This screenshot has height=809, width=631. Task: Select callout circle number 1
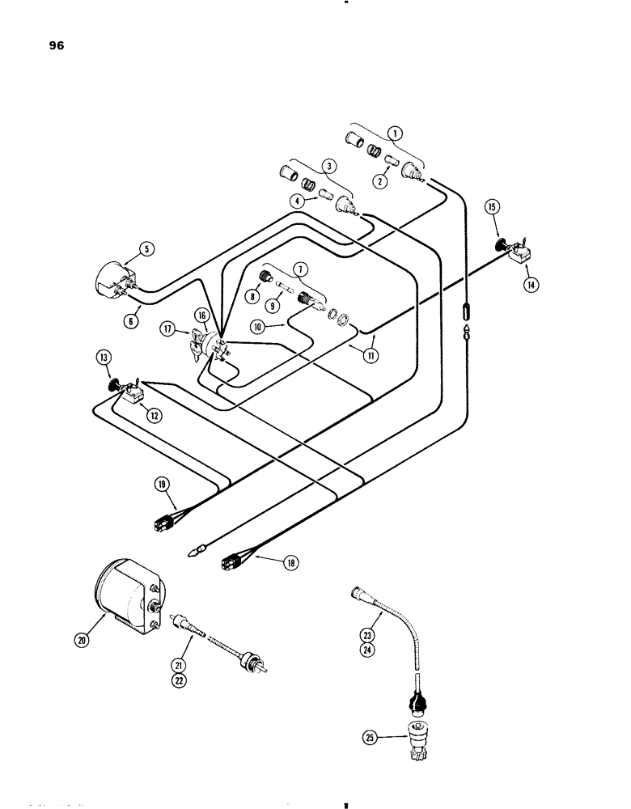click(395, 133)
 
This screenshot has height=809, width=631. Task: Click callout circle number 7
click(299, 268)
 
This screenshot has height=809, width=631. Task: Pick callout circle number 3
click(328, 168)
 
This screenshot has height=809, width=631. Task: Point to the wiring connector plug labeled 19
click(166, 523)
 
